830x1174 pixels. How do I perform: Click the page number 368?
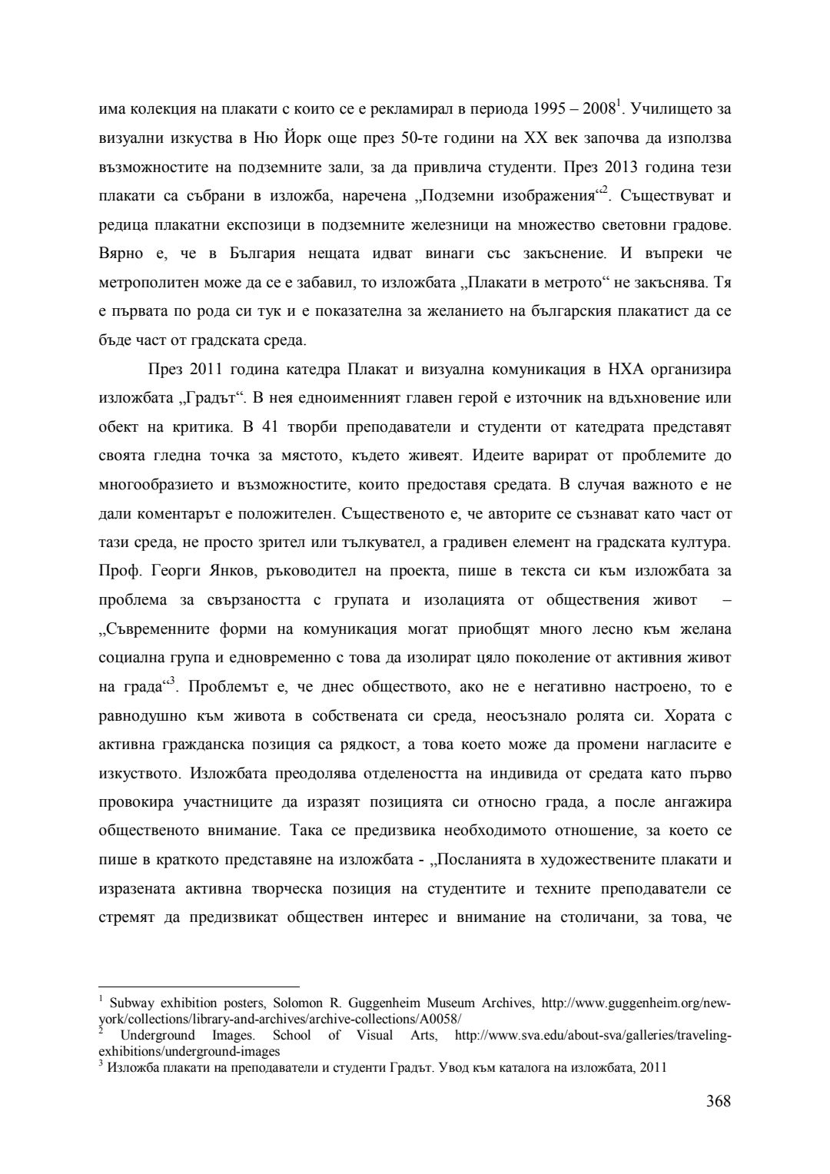pos(718,1101)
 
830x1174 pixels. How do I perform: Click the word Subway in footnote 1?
pos(134,1003)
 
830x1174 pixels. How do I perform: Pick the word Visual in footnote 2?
pos(373,1036)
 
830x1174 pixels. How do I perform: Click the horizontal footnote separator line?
pos(199,987)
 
